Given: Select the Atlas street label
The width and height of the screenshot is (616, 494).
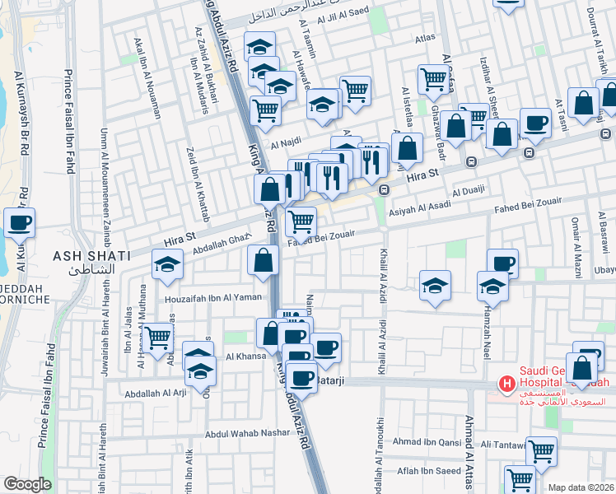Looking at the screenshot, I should (425, 38).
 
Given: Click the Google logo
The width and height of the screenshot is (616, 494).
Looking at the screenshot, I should (27, 484).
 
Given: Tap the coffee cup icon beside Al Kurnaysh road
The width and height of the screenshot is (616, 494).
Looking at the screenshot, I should (19, 222).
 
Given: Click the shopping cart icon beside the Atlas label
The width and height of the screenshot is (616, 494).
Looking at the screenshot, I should (432, 80).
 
